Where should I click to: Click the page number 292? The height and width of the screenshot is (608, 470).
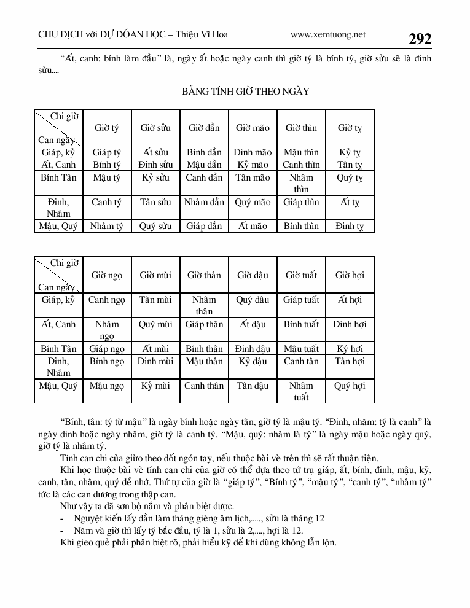click(420, 39)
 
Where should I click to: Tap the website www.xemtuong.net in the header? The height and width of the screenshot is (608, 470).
click(328, 34)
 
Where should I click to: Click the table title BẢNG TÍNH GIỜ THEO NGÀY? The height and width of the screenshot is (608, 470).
click(246, 92)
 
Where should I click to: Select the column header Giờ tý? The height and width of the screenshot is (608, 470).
click(107, 128)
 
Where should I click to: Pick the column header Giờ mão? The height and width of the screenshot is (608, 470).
click(253, 128)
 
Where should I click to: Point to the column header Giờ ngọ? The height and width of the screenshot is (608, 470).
click(107, 275)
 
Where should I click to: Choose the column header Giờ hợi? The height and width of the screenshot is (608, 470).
click(350, 275)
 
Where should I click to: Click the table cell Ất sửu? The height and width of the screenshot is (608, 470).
click(155, 152)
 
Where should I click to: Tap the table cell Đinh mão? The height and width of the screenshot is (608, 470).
click(253, 152)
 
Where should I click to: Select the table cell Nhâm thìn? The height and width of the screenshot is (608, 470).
click(301, 183)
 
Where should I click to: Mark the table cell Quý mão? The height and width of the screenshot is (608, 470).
click(253, 201)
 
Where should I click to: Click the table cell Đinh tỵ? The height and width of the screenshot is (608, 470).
click(350, 226)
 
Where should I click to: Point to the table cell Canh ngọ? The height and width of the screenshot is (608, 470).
click(107, 300)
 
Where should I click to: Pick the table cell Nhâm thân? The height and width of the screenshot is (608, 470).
click(204, 305)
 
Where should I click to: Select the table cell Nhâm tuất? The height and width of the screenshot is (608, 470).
click(301, 391)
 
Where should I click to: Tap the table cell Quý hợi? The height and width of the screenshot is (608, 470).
click(350, 386)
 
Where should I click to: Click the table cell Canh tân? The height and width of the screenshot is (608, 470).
click(301, 361)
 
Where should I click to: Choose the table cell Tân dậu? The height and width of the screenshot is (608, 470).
click(253, 386)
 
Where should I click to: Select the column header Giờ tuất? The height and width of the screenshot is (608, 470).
click(301, 275)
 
